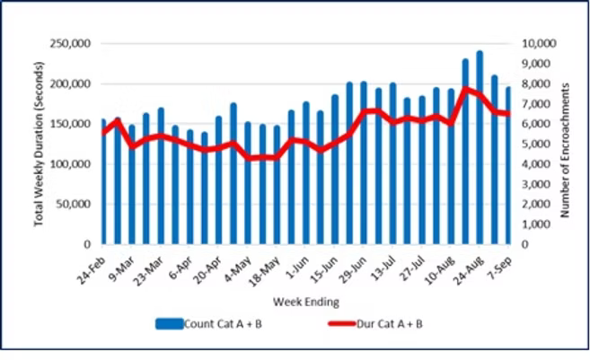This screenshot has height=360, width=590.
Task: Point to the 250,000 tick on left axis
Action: point(74,44)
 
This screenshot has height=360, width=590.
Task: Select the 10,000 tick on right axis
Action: point(536,44)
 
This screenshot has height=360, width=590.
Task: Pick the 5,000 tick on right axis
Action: point(533,144)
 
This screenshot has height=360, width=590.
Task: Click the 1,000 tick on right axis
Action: point(533,224)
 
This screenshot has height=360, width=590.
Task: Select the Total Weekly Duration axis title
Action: point(40,144)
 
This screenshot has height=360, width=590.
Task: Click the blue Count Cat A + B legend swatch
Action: point(167,323)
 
